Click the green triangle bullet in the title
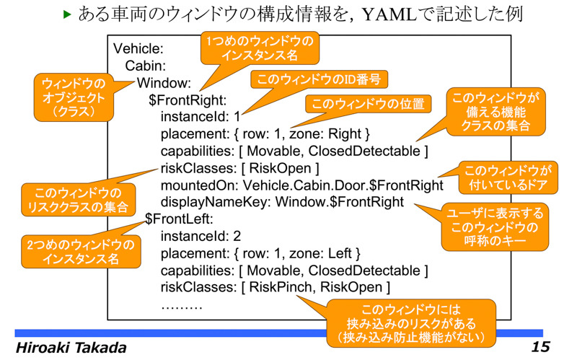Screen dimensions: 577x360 point(66,14)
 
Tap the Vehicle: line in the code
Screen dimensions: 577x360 point(138,48)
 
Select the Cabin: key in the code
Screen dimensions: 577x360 point(146,66)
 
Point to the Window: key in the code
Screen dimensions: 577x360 point(164,83)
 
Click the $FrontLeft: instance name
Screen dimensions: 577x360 point(179,219)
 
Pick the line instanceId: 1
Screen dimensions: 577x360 point(201,117)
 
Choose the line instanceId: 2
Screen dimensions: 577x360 point(201,236)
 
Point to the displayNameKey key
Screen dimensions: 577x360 point(216,202)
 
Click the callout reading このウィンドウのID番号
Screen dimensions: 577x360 point(319,79)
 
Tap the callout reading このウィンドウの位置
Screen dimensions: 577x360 point(368,104)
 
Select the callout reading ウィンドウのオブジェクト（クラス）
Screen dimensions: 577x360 point(74,97)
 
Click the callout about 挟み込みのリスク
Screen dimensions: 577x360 point(411,323)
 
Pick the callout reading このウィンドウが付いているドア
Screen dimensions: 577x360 point(508,177)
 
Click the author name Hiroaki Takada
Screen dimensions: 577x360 point(71,348)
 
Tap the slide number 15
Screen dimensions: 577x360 point(540,347)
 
